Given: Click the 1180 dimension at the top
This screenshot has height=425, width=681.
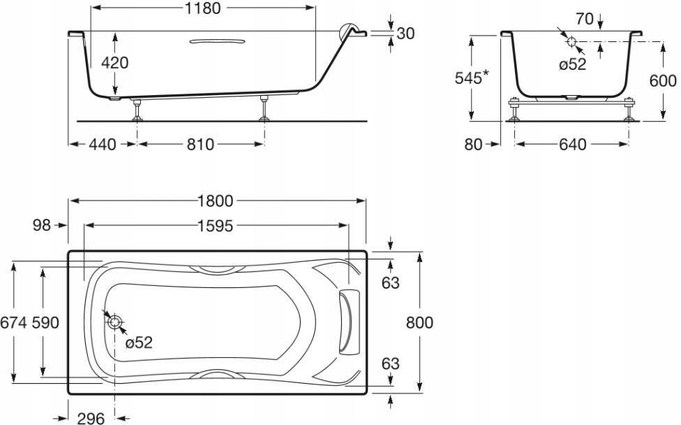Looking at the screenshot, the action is pyautogui.click(x=203, y=8).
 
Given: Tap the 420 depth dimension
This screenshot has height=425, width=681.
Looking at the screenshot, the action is pyautogui.click(x=114, y=63).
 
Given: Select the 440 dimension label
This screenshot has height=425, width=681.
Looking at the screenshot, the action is pyautogui.click(x=103, y=144).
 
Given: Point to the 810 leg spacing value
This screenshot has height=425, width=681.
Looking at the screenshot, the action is pyautogui.click(x=201, y=144).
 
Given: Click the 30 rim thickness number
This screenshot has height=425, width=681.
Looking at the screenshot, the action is pyautogui.click(x=405, y=34).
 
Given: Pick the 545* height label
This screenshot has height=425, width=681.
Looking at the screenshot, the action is pyautogui.click(x=472, y=78).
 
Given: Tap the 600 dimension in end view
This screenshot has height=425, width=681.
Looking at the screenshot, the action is pyautogui.click(x=663, y=80).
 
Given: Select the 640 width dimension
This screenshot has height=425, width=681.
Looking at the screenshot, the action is pyautogui.click(x=572, y=144).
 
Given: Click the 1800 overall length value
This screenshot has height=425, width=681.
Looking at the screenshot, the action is pyautogui.click(x=216, y=201).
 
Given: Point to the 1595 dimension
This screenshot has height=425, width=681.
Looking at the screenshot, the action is pyautogui.click(x=216, y=226).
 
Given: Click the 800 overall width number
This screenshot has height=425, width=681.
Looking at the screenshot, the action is pyautogui.click(x=419, y=323).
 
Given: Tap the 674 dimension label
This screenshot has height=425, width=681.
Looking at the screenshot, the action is pyautogui.click(x=13, y=323).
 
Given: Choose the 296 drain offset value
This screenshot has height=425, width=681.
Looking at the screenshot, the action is pyautogui.click(x=91, y=419).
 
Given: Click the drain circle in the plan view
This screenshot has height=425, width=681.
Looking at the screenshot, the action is pyautogui.click(x=114, y=322).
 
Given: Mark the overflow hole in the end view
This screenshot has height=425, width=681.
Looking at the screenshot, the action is pyautogui.click(x=571, y=42).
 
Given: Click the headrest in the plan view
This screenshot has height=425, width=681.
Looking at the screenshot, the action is pyautogui.click(x=349, y=322).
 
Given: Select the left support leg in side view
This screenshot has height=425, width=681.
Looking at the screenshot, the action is pyautogui.click(x=137, y=109).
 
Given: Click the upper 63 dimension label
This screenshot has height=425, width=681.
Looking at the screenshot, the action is pyautogui.click(x=391, y=283).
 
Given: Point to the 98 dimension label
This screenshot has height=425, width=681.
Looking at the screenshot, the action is pyautogui.click(x=42, y=225).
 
